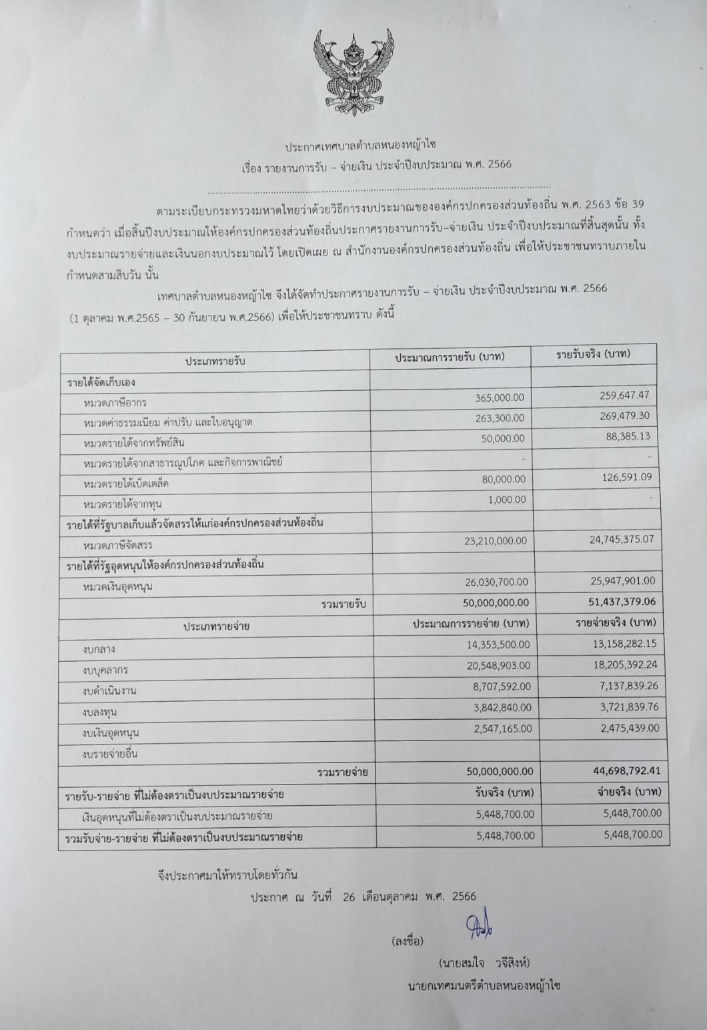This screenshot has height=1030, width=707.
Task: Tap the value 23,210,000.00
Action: (x=496, y=541)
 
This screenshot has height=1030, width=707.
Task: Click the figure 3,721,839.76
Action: (x=625, y=706)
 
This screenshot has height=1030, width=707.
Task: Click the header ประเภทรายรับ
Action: (x=215, y=361)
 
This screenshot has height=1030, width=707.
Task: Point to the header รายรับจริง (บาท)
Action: (x=594, y=354)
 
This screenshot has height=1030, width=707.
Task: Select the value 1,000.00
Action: (x=506, y=500)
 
